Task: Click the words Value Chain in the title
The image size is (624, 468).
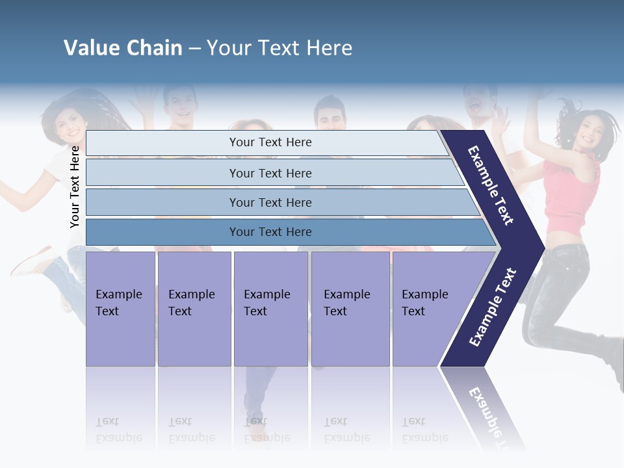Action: pyautogui.click(x=123, y=48)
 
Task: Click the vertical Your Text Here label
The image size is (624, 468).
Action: pyautogui.click(x=75, y=186)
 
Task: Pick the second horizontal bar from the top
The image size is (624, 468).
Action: pyautogui.click(x=270, y=173)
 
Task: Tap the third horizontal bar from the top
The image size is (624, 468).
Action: pyautogui.click(x=270, y=202)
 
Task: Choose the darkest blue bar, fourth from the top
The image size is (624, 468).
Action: pyautogui.click(x=270, y=232)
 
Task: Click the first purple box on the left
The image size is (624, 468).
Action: pyautogui.click(x=120, y=309)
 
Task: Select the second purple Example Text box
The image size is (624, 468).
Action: pyautogui.click(x=194, y=309)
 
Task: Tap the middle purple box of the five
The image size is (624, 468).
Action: pyautogui.click(x=270, y=309)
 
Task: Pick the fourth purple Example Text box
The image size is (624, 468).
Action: pyautogui.click(x=350, y=309)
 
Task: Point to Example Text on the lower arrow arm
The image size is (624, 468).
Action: pyautogui.click(x=493, y=307)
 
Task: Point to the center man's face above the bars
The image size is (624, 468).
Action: pyautogui.click(x=331, y=114)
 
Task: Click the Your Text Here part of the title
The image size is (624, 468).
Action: pyautogui.click(x=279, y=48)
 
